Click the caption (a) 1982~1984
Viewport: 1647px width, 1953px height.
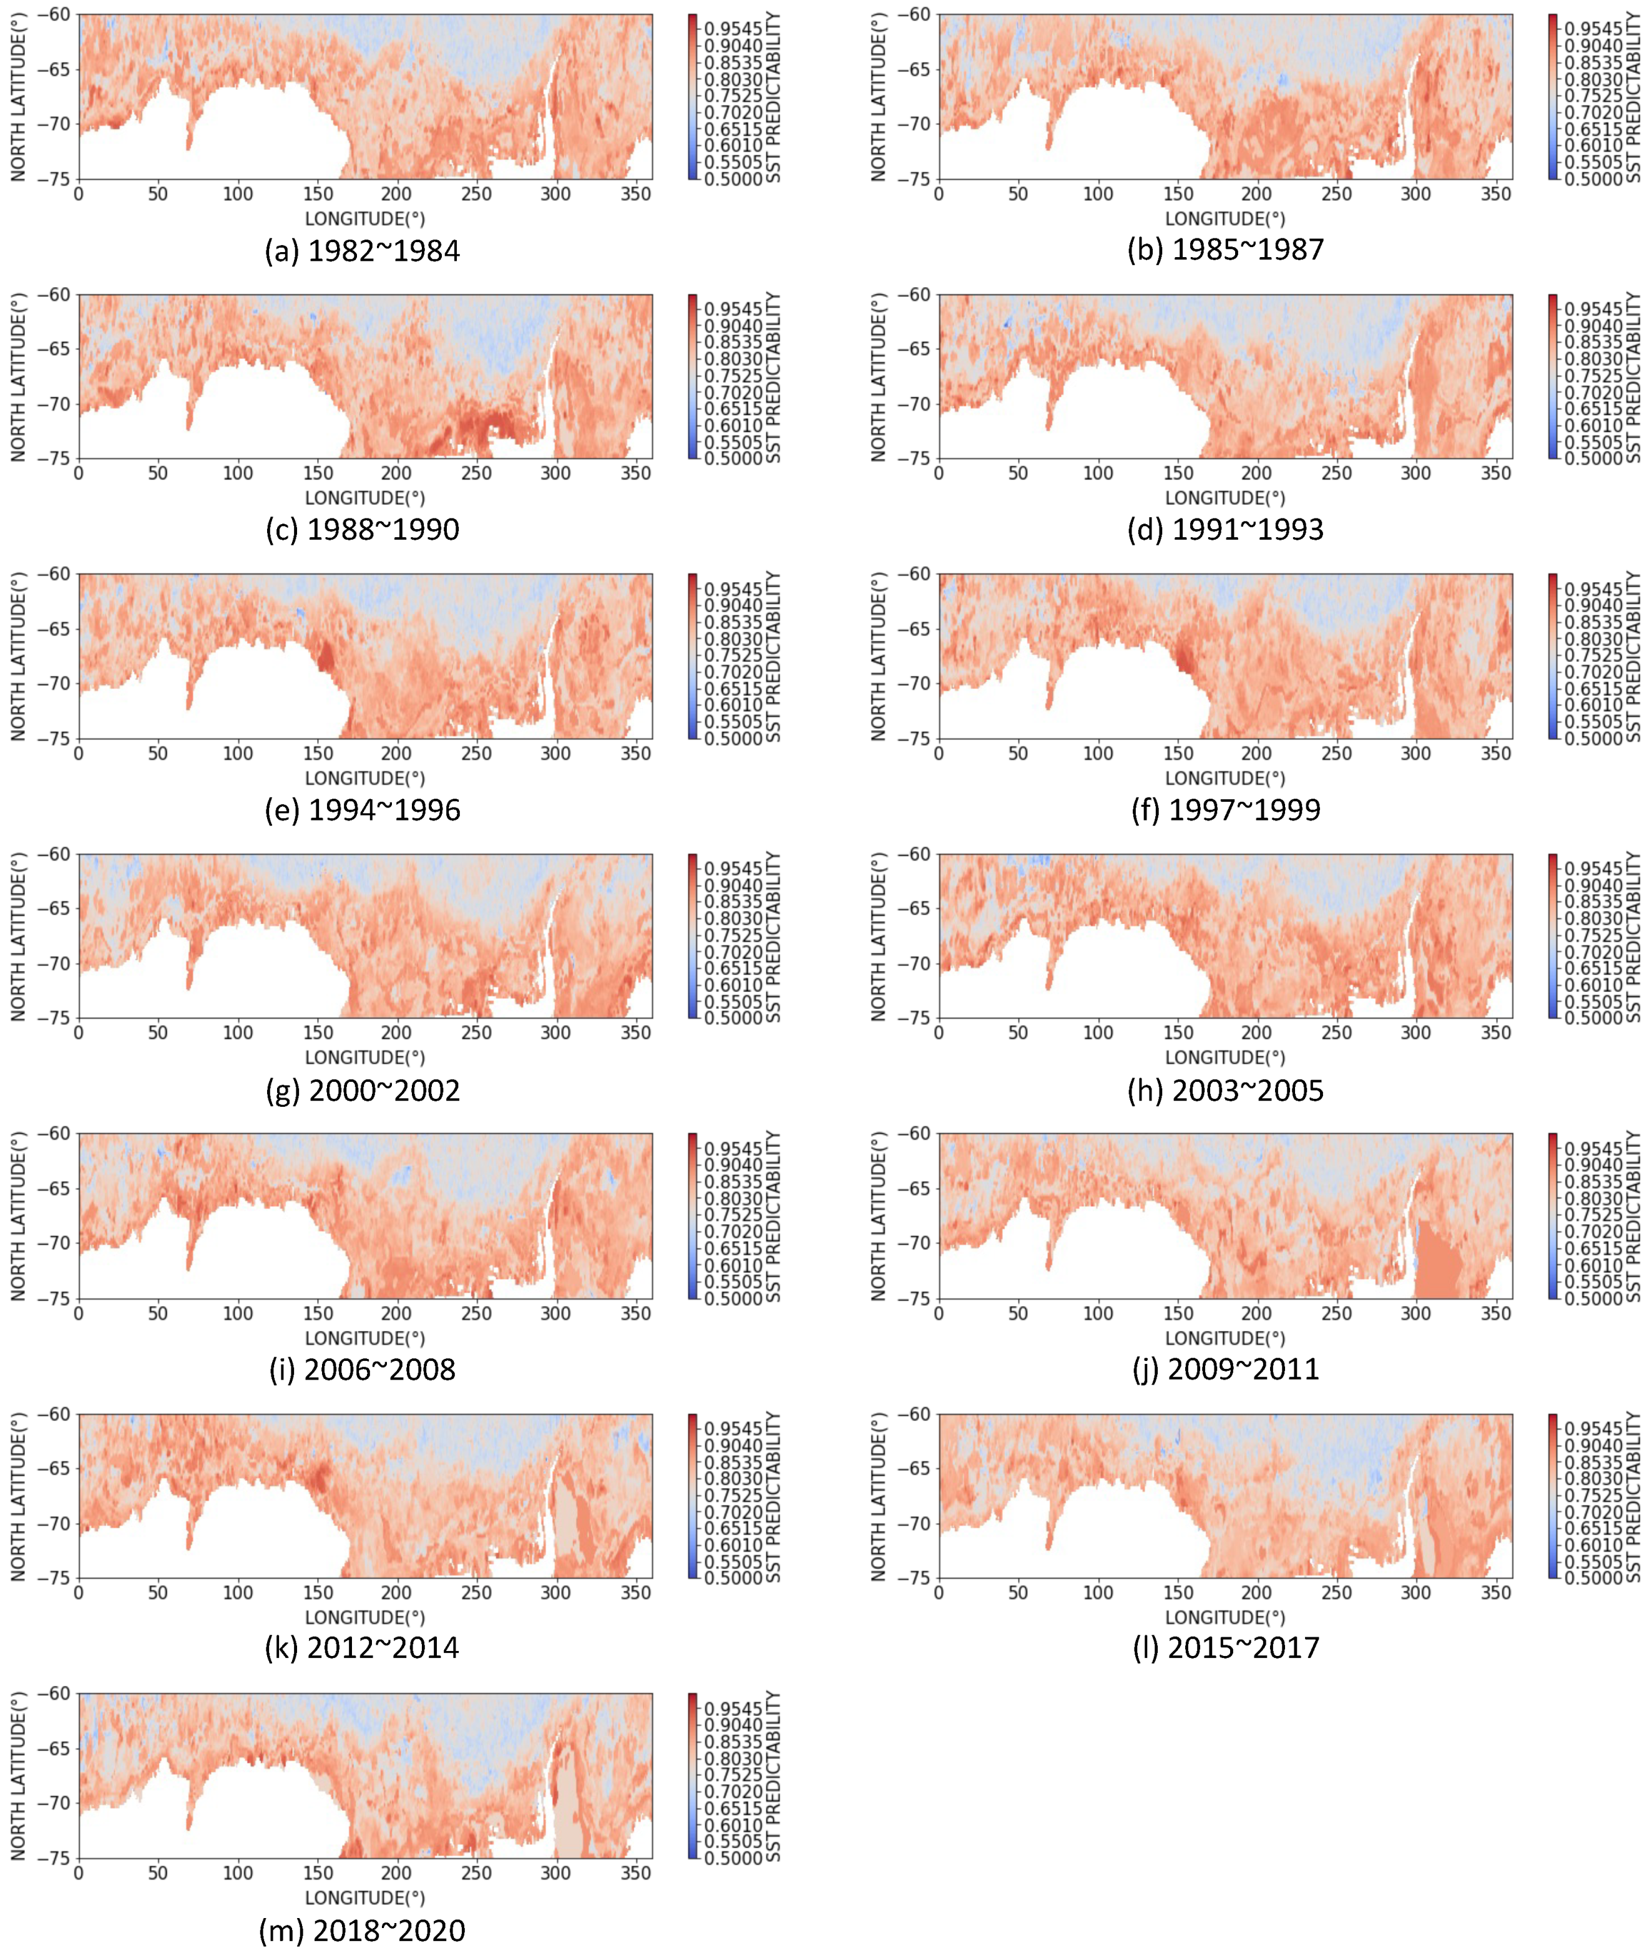coord(362,250)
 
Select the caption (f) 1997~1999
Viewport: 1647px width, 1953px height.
coord(1225,809)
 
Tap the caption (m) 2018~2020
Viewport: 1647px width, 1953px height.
coord(362,1930)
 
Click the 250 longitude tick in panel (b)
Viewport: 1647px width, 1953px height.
coord(1336,194)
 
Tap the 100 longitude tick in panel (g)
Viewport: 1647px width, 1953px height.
coord(237,1033)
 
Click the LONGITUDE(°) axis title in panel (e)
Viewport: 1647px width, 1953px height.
coord(365,777)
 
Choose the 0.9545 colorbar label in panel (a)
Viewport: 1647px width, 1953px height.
coord(733,29)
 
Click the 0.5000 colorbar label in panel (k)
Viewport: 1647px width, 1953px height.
coord(733,1578)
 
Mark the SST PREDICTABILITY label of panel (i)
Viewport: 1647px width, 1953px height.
coord(773,1217)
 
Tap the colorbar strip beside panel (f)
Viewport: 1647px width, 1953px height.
coord(1553,655)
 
